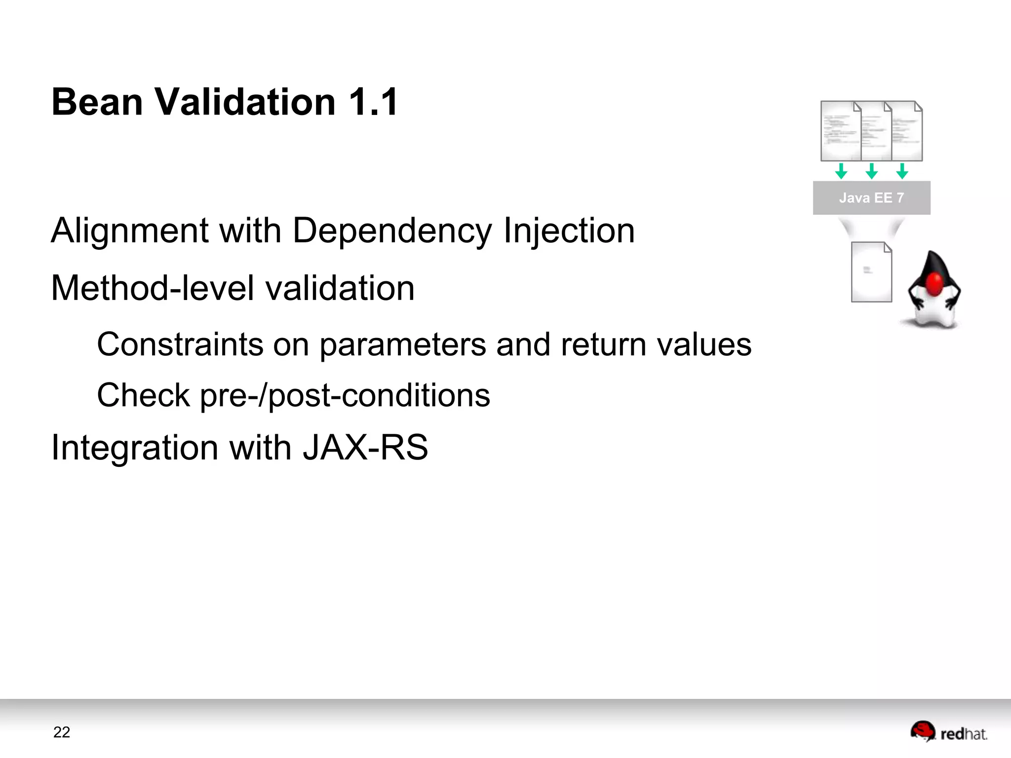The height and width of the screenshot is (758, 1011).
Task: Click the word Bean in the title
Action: click(x=97, y=102)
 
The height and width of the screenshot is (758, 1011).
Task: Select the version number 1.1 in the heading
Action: click(x=373, y=102)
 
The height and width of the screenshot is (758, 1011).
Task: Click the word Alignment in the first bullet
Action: click(x=130, y=231)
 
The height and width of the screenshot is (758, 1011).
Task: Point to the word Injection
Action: click(x=569, y=231)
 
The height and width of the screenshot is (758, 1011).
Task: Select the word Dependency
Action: click(x=392, y=231)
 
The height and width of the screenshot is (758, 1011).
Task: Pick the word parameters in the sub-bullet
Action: click(x=402, y=344)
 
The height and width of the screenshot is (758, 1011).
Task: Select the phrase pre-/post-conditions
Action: click(x=345, y=396)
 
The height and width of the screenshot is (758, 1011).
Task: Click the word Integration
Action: click(x=135, y=448)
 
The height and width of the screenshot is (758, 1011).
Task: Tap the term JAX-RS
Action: click(x=365, y=448)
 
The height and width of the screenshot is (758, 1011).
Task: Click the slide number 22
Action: click(x=62, y=732)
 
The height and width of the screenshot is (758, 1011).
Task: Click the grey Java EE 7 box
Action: click(x=871, y=198)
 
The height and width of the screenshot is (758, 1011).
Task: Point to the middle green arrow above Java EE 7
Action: click(x=872, y=171)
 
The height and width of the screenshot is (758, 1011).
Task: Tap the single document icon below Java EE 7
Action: click(x=871, y=272)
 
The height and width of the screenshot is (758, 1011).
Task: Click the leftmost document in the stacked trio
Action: click(x=840, y=131)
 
